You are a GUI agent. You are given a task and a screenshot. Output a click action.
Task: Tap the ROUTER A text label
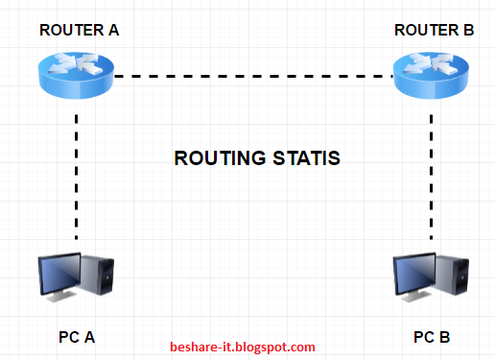coord(79,31)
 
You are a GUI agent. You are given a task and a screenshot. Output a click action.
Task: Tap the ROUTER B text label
coord(434,31)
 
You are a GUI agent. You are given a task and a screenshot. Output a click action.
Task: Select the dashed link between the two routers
coord(254,75)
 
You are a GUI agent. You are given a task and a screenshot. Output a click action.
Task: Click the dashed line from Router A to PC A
coord(77,178)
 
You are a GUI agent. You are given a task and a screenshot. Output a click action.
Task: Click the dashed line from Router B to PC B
coord(432,178)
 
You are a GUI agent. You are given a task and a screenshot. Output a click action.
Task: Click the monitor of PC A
coord(59,272)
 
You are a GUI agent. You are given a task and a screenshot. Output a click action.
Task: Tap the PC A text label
coord(77,337)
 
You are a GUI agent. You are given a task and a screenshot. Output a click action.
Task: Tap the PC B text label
coord(432,337)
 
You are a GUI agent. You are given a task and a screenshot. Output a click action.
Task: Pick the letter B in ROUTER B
coord(468,31)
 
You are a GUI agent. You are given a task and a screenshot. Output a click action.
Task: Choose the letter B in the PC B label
coord(444,337)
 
